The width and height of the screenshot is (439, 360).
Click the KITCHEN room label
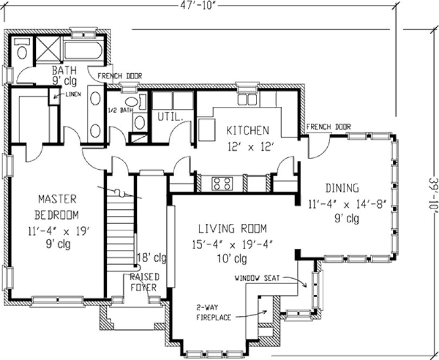tap(247, 130)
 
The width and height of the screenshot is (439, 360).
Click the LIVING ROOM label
tap(232, 228)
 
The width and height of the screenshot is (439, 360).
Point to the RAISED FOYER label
tap(144, 282)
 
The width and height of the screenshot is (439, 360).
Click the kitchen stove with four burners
tap(222, 184)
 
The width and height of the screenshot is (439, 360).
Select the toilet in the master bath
tap(22, 49)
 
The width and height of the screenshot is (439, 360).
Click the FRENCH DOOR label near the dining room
tap(328, 127)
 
